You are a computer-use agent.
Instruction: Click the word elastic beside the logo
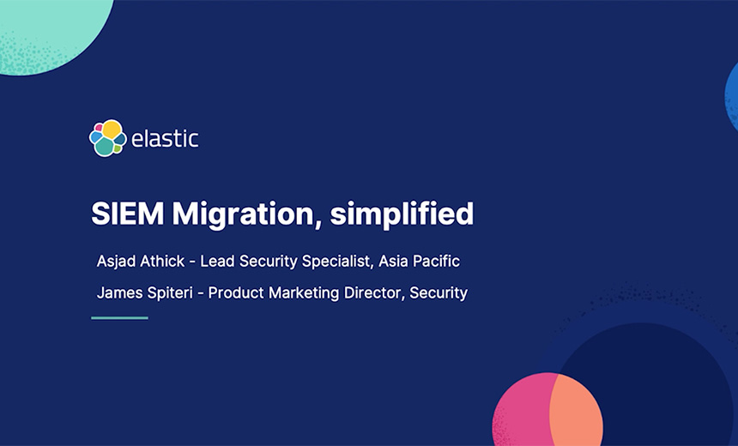[x=165, y=139]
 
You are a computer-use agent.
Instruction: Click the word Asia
[x=396, y=261]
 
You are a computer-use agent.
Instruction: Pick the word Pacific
[x=439, y=261]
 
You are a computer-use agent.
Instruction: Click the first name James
[x=119, y=293]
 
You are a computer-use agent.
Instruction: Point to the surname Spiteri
[x=172, y=293]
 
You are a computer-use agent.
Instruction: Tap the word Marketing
[x=302, y=293]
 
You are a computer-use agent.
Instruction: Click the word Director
[x=372, y=293]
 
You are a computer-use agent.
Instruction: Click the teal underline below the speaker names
[x=119, y=318]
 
